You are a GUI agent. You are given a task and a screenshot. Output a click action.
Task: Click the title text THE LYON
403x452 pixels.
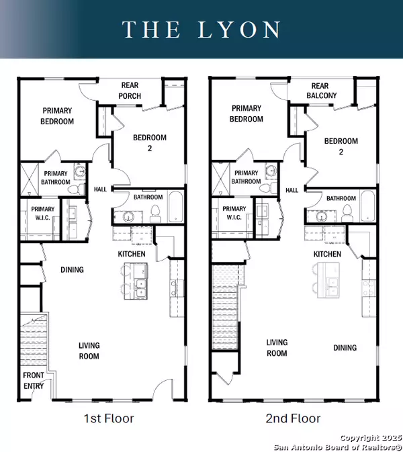coord(201,30)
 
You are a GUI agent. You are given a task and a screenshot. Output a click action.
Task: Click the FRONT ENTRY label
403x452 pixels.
coord(34,380)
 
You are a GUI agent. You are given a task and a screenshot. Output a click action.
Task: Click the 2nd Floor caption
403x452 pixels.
coord(294,418)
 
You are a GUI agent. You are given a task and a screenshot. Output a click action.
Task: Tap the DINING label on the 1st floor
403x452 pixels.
coord(72,270)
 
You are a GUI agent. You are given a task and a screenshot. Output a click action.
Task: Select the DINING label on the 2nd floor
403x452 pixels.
coord(344,348)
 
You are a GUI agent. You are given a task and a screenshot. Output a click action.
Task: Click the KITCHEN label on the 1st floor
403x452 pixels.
coord(132,254)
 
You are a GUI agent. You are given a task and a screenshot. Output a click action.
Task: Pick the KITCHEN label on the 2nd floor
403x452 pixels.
coord(327,254)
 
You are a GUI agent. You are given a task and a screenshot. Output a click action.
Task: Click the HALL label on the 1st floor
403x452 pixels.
coord(100,190)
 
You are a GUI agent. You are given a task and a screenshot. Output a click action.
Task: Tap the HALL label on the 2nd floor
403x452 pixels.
coord(292,190)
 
